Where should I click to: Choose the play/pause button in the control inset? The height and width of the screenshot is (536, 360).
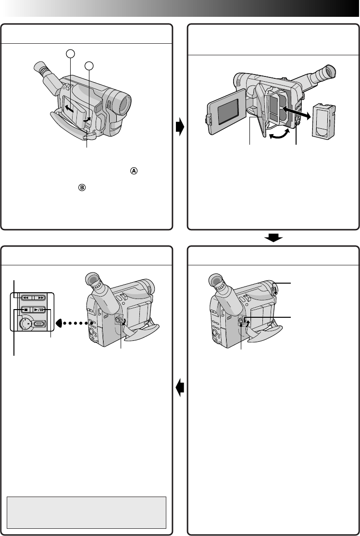pyautogui.click(x=39, y=311)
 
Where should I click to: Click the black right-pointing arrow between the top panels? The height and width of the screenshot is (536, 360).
pyautogui.click(x=180, y=127)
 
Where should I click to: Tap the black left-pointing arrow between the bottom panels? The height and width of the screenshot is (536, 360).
pyautogui.click(x=180, y=386)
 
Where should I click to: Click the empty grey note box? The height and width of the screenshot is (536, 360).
pyautogui.click(x=87, y=512)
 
